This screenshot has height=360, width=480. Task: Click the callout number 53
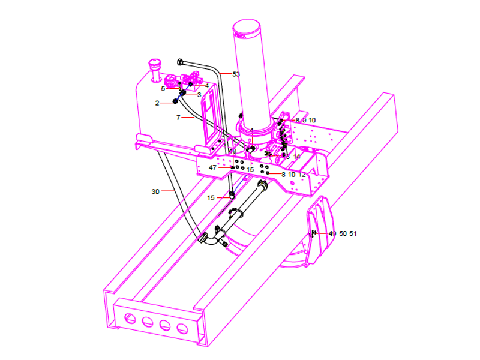[x=236, y=74]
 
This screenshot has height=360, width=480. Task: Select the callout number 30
[x=155, y=191]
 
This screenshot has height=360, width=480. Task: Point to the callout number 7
[x=178, y=118]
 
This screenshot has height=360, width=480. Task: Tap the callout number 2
[x=157, y=103]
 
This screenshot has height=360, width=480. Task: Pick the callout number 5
[x=163, y=88]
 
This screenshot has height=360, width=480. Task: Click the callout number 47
[x=213, y=167]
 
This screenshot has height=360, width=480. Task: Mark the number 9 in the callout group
[x=304, y=121]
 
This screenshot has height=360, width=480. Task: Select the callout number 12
[x=302, y=174]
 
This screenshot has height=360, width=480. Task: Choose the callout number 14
[x=296, y=157]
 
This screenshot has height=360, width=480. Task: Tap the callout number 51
[x=353, y=233]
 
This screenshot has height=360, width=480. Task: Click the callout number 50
[x=343, y=233]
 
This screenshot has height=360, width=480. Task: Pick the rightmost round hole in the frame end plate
[x=182, y=328]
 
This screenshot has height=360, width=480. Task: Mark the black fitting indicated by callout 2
[x=176, y=101]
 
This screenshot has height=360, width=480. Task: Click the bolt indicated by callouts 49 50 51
[x=313, y=233]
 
